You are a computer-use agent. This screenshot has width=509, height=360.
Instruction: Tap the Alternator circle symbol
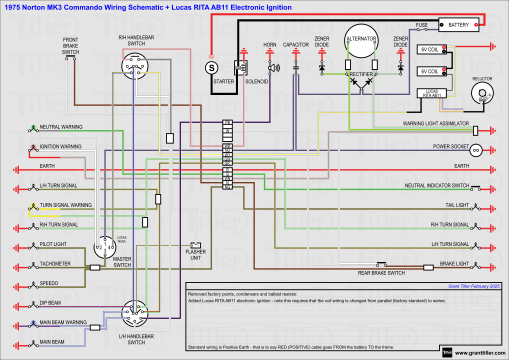point(358,48)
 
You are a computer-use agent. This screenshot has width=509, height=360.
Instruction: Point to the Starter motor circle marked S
point(211,66)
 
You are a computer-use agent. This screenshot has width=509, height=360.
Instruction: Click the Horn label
point(269,45)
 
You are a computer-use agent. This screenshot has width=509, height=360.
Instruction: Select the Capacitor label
point(295,45)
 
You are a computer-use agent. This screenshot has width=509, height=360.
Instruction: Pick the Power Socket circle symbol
point(477,149)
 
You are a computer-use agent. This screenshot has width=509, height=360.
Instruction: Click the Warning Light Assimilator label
point(435,124)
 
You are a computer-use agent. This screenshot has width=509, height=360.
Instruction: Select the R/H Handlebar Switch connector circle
point(136,65)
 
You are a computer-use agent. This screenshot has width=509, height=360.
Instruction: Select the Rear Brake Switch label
point(382,273)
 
